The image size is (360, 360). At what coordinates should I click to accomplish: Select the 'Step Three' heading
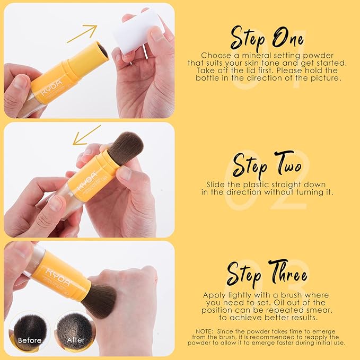[267, 275]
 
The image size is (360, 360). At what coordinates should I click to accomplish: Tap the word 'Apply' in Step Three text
[214, 295]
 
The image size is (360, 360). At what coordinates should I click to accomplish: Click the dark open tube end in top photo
[102, 50]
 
